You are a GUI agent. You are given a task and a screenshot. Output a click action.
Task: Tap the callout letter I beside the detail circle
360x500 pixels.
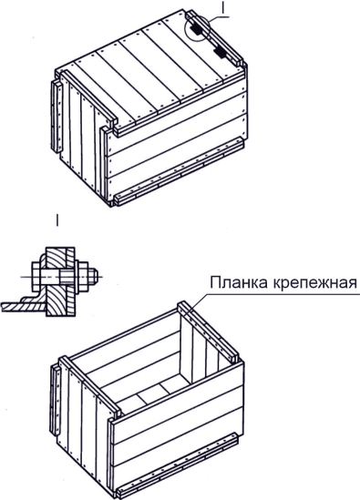223,9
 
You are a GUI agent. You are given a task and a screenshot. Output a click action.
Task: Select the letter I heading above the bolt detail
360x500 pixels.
57,220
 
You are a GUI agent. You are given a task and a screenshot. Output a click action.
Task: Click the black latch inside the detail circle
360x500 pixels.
195,29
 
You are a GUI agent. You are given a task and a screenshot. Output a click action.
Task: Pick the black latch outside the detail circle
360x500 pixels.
221,52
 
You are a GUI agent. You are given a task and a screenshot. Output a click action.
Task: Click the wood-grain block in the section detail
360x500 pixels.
57,281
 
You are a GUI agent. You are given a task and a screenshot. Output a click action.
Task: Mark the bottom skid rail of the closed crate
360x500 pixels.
178,171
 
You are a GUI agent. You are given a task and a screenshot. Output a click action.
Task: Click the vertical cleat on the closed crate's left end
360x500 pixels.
57,117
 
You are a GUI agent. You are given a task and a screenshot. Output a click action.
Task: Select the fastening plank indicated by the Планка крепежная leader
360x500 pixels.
208,332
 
